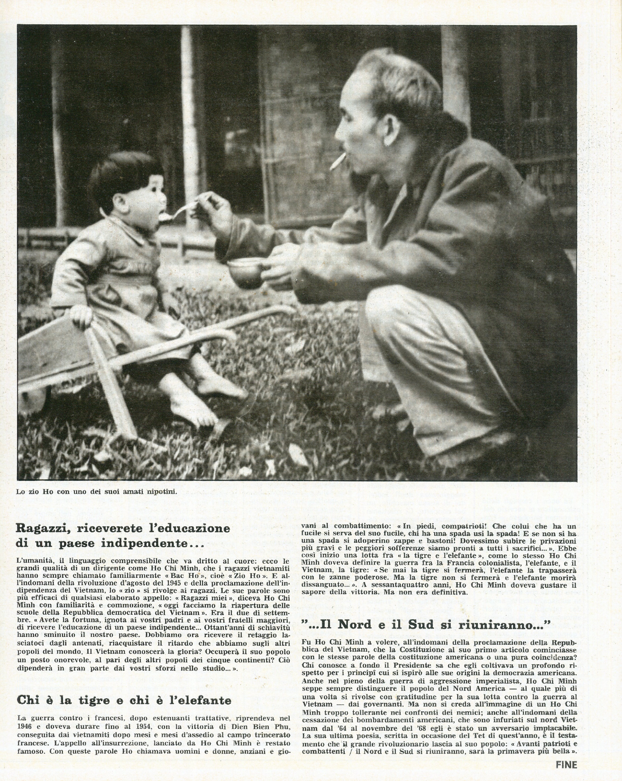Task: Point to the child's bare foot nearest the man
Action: (221, 389)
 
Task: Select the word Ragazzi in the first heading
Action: (41, 529)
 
